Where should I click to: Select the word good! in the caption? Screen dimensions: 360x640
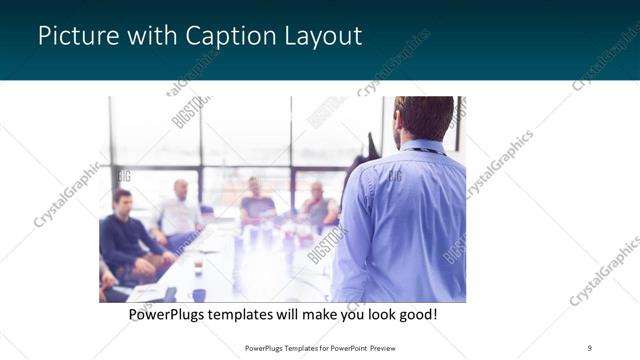click(x=414, y=314)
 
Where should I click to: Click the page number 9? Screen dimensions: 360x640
click(x=589, y=347)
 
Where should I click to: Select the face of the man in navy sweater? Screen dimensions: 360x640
click(x=122, y=200)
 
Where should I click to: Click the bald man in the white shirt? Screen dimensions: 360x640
click(x=179, y=210)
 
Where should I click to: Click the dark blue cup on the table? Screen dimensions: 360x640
click(x=199, y=295)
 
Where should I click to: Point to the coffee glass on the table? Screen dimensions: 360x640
click(x=199, y=264)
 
